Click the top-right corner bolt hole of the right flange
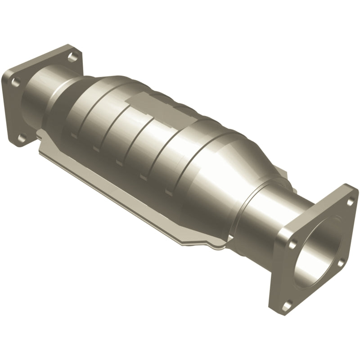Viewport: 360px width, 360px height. [x=350, y=201]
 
